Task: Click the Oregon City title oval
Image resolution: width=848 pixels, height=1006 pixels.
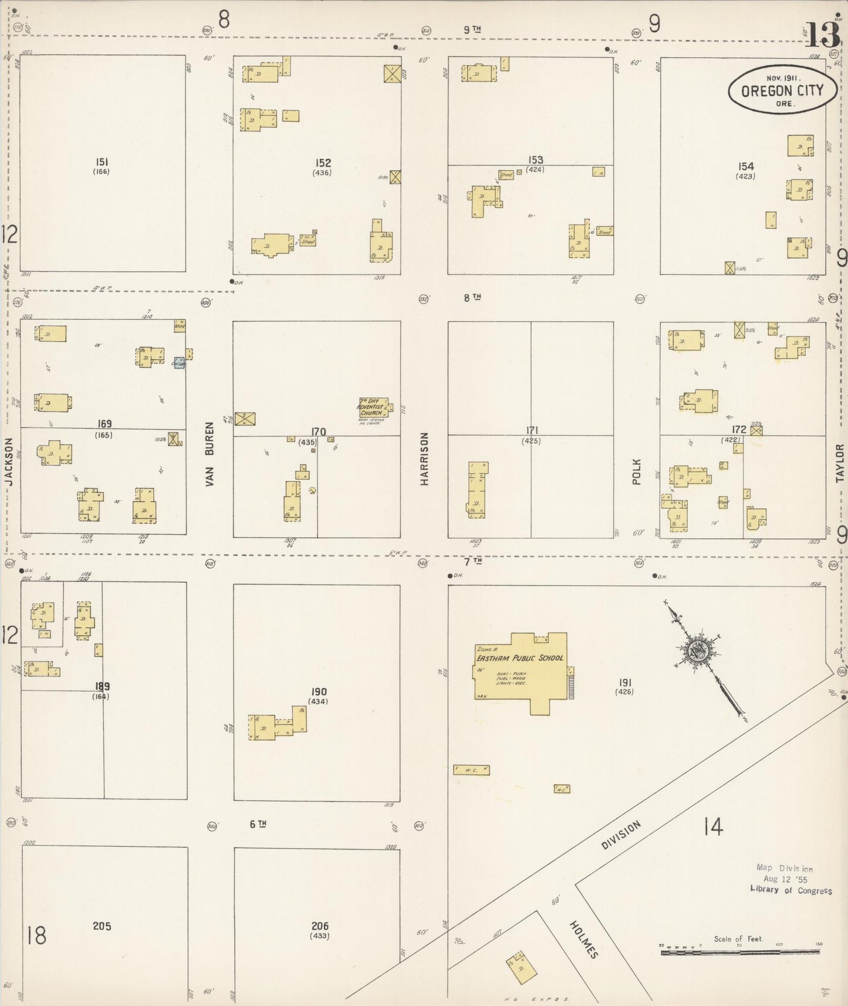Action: tap(782, 90)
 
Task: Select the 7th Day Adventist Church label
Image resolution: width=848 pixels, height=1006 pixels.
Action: tap(371, 407)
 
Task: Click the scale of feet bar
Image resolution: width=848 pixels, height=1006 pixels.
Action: tap(741, 952)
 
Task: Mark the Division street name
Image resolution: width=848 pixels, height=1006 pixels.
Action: tap(621, 835)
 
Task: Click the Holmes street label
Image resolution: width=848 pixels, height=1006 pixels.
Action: tap(584, 939)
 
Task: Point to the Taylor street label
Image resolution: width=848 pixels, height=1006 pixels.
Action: tap(840, 463)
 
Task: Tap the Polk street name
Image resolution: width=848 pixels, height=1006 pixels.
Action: tap(637, 471)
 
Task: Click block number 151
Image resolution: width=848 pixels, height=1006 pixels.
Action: tap(102, 162)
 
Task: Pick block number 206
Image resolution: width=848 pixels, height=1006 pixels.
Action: tap(320, 926)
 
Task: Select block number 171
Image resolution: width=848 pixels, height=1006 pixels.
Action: tap(532, 430)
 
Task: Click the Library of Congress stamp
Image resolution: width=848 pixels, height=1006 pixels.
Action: tap(790, 879)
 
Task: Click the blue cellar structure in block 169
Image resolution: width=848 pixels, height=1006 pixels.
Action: tap(179, 363)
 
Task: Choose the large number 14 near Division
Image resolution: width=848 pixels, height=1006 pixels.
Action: tap(713, 827)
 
